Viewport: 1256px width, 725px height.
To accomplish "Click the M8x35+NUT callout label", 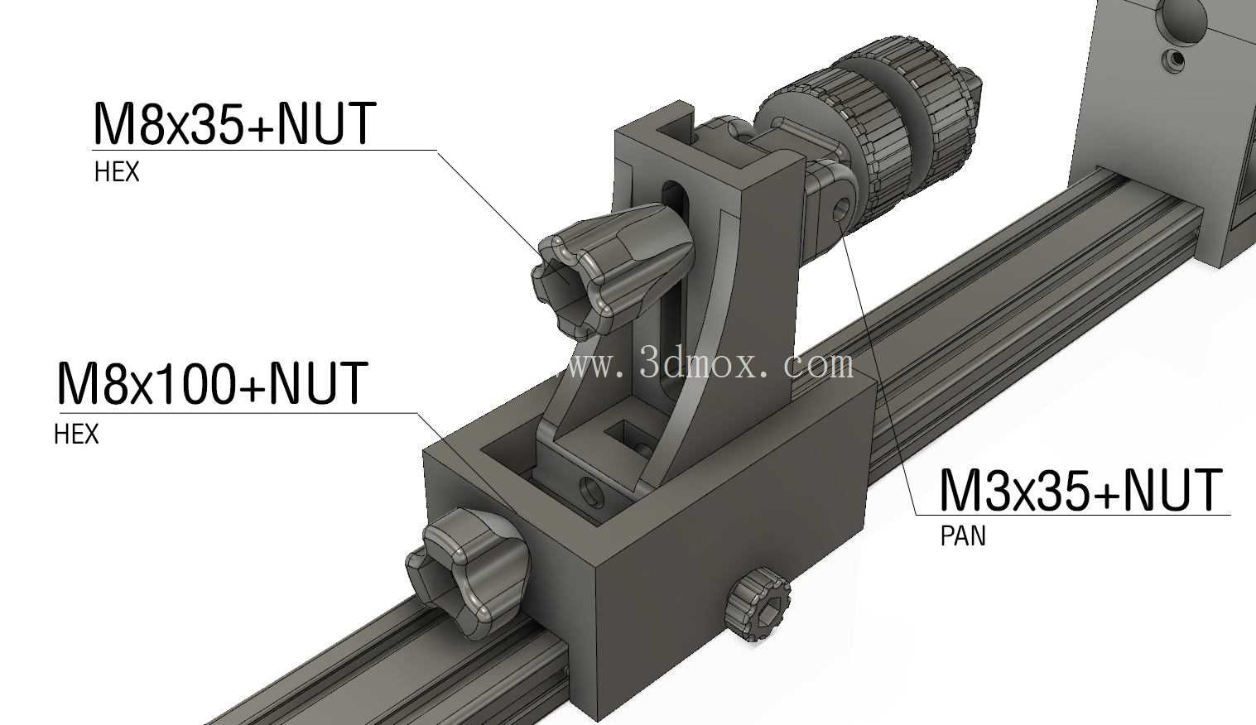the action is (233, 123).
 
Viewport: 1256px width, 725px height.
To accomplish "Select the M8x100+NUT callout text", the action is (212, 383).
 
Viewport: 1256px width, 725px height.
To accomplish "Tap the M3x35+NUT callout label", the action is (1080, 490).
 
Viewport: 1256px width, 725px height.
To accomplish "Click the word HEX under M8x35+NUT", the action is (117, 171).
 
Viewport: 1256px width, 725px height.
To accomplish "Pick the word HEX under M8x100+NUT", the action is (76, 434).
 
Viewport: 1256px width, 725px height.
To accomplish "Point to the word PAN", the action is (963, 536).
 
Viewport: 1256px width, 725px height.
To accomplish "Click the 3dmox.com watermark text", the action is (710, 365).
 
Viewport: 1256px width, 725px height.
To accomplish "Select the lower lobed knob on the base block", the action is (468, 572).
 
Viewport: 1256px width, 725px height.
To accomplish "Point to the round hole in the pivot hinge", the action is (840, 211).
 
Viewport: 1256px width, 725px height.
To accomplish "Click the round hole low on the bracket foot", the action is (592, 492).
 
